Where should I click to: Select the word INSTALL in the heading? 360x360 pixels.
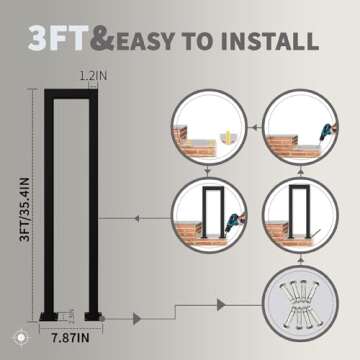[x=269, y=41]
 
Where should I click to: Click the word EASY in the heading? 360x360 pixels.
[x=145, y=41]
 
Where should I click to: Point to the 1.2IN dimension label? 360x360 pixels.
[x=93, y=76]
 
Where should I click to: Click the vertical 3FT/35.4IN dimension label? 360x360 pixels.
[x=25, y=209]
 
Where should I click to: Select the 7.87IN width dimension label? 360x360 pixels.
[x=70, y=339]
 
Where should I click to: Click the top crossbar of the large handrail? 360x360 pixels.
[x=71, y=94]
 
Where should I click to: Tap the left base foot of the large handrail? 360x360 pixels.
[x=49, y=316]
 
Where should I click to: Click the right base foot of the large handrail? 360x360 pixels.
[x=93, y=316]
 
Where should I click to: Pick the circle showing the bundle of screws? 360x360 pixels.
[x=300, y=303]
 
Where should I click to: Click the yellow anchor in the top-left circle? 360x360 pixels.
[x=228, y=136]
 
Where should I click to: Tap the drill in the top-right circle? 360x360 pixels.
[x=327, y=132]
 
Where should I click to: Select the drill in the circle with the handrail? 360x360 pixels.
[x=233, y=223]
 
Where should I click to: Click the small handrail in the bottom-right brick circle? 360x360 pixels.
[x=300, y=211]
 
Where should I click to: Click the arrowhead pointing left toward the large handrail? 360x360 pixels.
[x=136, y=219]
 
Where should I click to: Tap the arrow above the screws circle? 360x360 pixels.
[x=300, y=259]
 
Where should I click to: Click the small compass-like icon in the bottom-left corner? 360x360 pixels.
[x=21, y=338]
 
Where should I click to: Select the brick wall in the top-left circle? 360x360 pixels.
[x=193, y=143]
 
